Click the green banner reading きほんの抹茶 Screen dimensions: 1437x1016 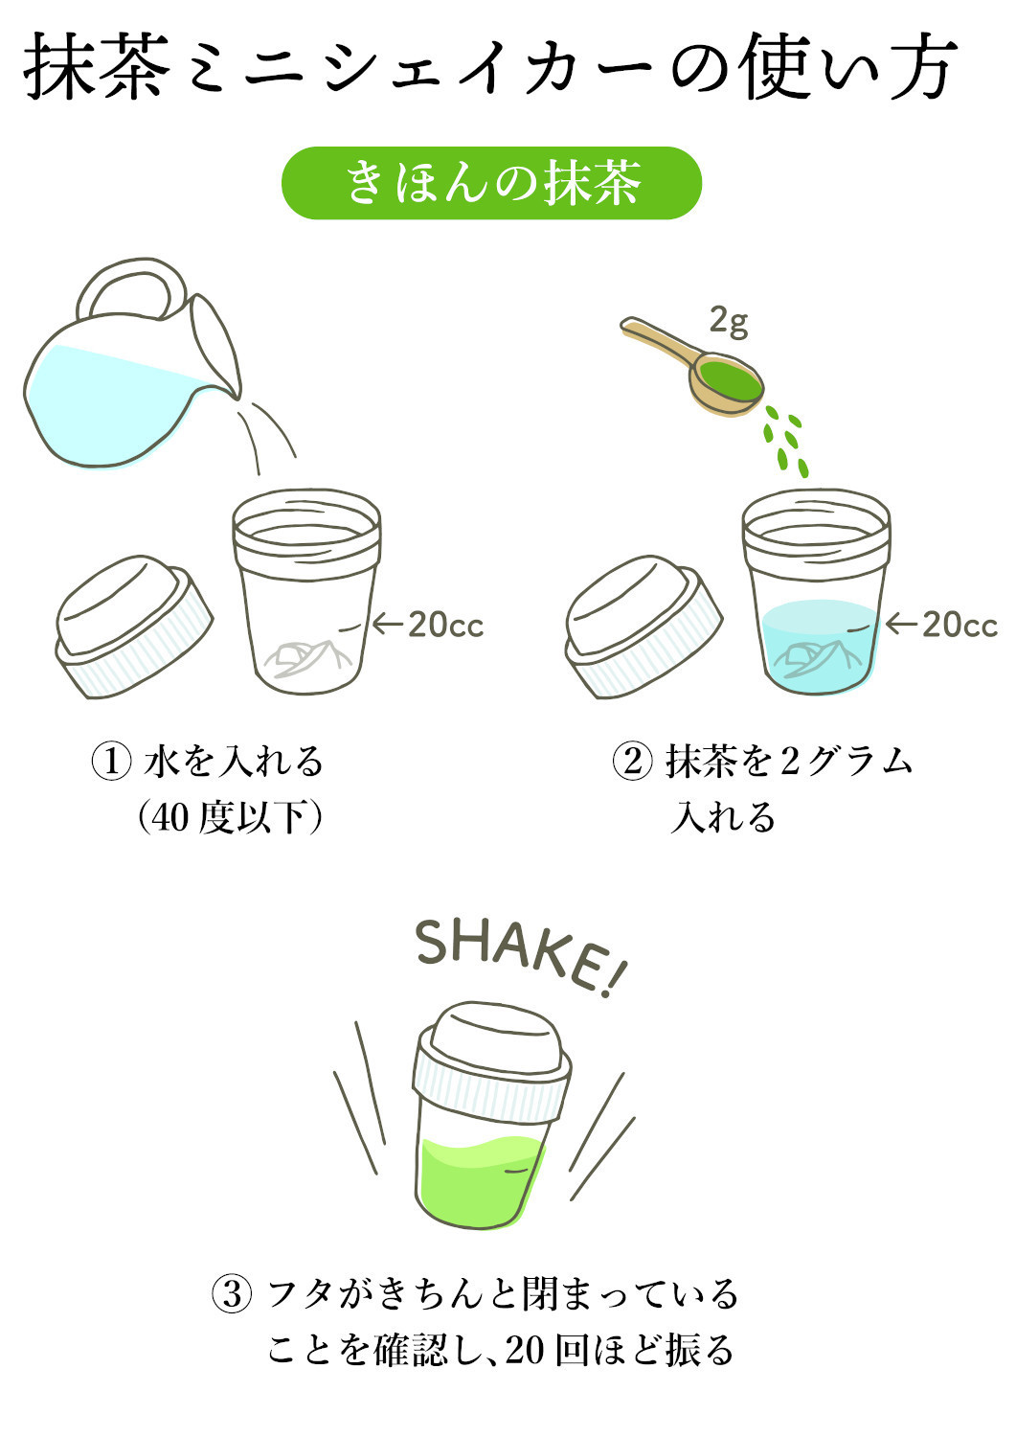click(x=491, y=182)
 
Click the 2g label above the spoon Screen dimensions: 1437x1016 click(x=729, y=321)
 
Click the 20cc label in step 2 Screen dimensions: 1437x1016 click(x=959, y=625)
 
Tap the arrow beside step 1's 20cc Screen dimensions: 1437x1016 click(x=387, y=625)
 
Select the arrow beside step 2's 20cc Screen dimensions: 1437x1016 click(x=900, y=625)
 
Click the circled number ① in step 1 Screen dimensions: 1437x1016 click(x=111, y=762)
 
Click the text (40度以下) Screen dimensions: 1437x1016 click(x=230, y=817)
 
